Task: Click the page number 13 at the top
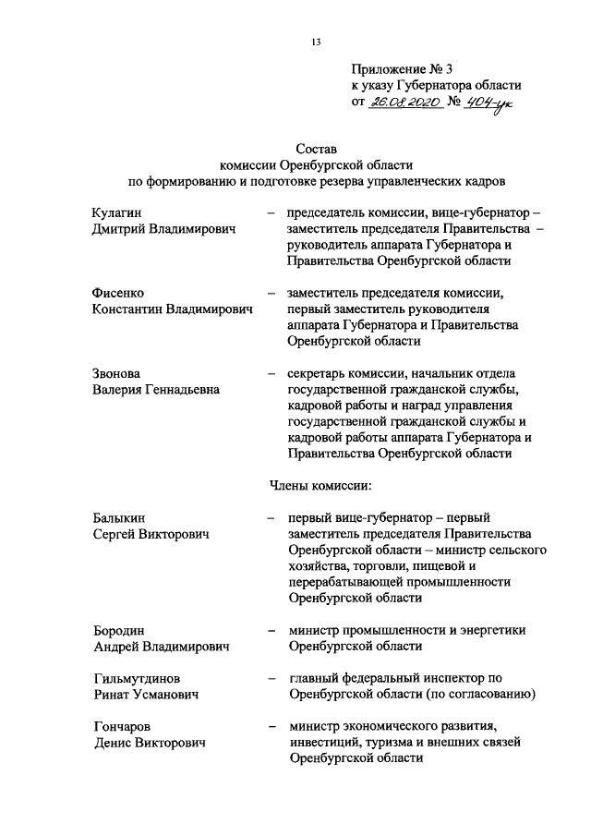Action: [x=316, y=42]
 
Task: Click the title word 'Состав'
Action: [x=317, y=147]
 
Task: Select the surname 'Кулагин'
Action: [x=117, y=212]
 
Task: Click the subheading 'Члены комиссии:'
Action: [x=320, y=485]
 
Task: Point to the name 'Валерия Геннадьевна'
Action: [x=156, y=389]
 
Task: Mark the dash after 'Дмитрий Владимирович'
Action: [x=270, y=212]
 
